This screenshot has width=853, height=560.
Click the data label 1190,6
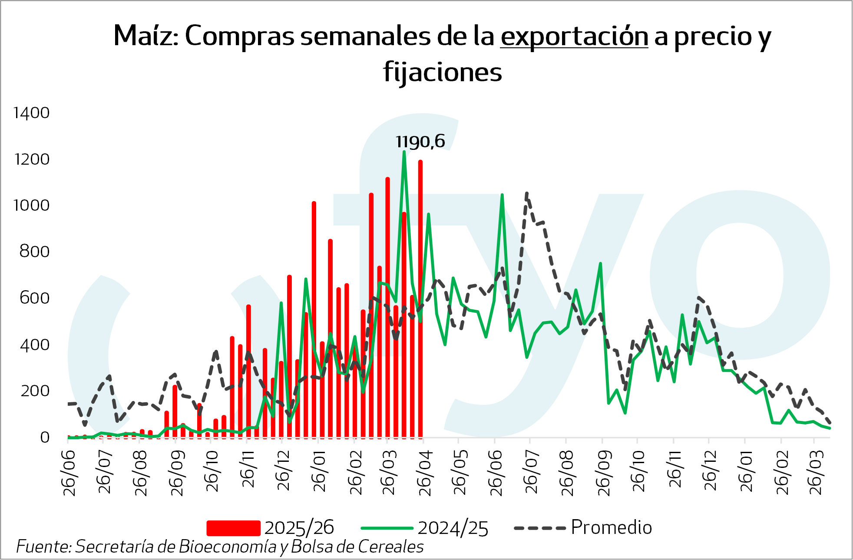420,142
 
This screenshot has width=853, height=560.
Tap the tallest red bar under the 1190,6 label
420,300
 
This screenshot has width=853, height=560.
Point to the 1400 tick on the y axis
31,113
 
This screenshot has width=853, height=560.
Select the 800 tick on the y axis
34,252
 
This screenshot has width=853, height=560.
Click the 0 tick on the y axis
45,437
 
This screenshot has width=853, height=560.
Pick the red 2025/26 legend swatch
233,528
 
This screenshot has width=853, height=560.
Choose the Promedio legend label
611,527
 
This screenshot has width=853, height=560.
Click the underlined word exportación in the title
574,36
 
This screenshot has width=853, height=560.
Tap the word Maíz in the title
143,36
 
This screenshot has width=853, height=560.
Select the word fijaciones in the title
442,72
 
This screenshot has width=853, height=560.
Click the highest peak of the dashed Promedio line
527,193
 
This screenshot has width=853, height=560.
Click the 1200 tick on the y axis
32,159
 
